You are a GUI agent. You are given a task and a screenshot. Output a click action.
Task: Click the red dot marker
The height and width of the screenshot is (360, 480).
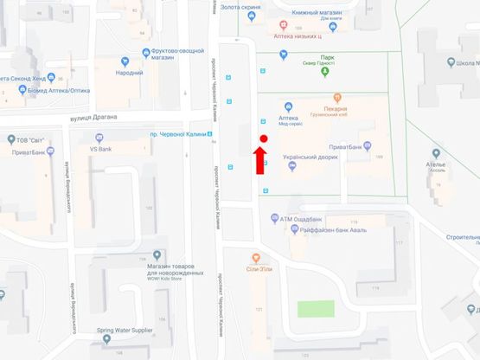[x=263, y=138]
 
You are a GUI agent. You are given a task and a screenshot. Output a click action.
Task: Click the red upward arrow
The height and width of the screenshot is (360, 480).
[x=257, y=161]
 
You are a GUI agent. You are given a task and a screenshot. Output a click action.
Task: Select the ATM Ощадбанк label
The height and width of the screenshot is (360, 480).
[x=307, y=219]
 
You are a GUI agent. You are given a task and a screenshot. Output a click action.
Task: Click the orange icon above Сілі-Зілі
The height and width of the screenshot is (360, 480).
[x=256, y=257]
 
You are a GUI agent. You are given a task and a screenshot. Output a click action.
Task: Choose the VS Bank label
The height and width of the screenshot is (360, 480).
[x=102, y=150]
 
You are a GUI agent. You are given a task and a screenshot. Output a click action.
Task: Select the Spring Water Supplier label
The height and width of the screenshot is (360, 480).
[x=124, y=329]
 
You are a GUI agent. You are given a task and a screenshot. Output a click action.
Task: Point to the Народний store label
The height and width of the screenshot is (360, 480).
[x=130, y=73]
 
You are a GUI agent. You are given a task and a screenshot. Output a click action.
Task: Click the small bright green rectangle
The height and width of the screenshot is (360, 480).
[x=316, y=309]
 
